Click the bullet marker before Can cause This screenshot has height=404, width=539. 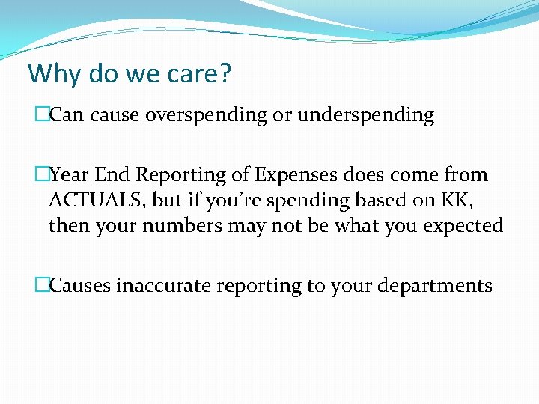41,115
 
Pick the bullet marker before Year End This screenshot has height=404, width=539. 41,175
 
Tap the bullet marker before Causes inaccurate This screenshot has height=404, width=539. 41,285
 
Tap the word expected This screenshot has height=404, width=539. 463,226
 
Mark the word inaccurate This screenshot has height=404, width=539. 167,285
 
